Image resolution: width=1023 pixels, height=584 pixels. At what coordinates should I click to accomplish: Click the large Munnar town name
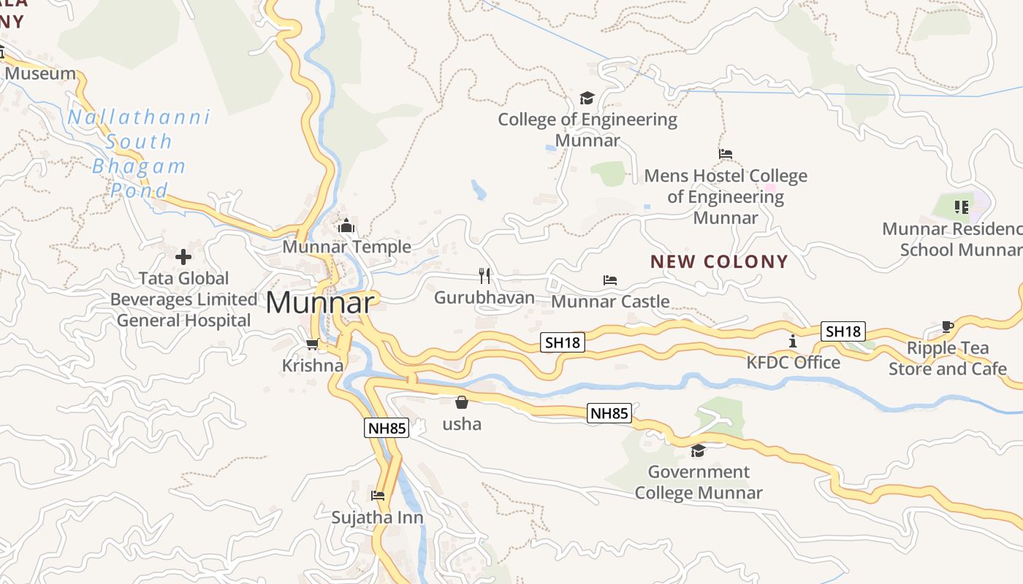321,302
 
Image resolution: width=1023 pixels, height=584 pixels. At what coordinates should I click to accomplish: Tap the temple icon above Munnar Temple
346,226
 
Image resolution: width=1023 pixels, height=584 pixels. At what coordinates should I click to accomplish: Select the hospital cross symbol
183,256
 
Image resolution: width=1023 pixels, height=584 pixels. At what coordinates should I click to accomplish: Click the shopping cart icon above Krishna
313,344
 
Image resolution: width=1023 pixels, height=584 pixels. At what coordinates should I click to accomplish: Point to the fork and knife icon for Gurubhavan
484,275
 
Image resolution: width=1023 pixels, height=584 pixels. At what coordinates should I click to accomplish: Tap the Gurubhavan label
484,298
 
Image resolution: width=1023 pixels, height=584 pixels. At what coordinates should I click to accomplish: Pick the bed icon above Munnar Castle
610,280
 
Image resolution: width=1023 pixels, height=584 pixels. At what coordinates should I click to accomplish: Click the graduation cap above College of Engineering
587,98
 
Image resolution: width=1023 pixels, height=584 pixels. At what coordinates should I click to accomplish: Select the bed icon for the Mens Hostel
726,154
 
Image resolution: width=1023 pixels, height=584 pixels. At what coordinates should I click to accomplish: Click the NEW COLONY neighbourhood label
719,261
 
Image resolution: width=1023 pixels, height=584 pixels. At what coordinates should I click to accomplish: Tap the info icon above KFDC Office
793,341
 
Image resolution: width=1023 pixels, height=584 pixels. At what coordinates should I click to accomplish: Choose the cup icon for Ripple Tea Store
948,326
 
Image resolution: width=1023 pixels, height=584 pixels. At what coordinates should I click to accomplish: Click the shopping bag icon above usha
462,401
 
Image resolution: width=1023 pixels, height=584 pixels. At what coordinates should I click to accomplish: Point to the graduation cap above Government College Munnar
698,450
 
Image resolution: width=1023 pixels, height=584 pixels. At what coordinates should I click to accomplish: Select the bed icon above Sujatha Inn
378,495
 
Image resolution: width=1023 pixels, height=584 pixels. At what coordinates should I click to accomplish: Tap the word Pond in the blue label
139,191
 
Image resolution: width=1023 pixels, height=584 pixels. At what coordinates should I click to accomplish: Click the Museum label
40,73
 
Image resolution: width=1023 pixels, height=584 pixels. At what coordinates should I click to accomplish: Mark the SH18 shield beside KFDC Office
843,331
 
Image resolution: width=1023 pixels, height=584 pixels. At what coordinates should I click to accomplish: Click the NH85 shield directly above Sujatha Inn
387,428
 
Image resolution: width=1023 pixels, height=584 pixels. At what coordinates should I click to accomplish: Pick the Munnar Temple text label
346,247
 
